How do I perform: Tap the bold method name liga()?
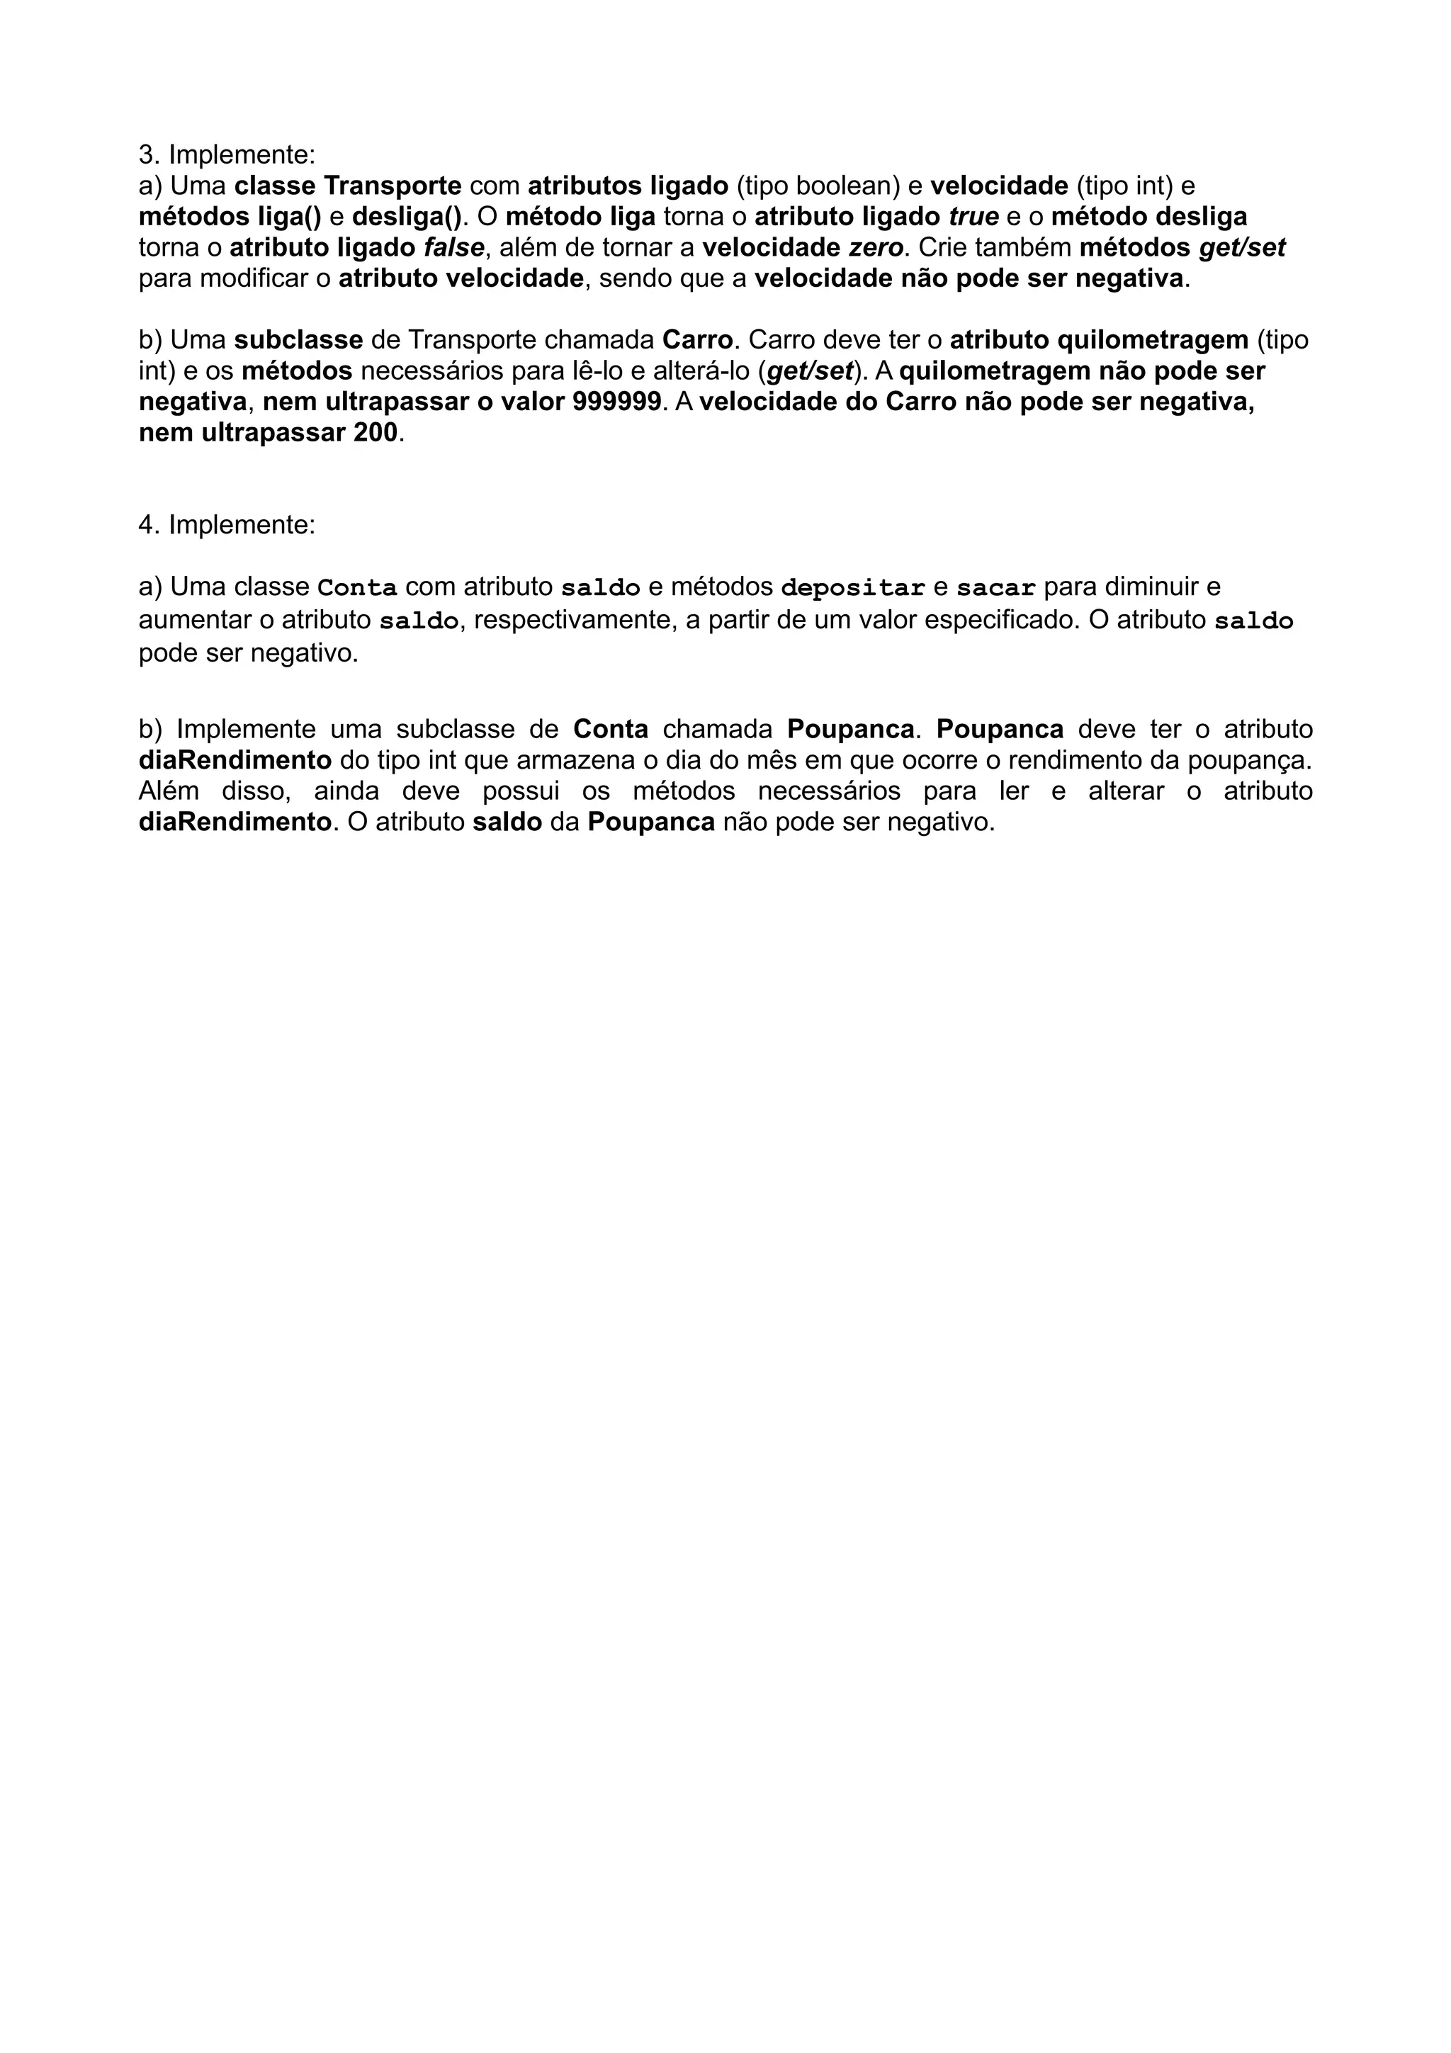pos(286,217)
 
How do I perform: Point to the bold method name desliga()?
pos(407,217)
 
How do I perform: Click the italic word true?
pos(973,217)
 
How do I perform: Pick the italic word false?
pos(453,248)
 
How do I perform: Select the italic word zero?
pos(875,248)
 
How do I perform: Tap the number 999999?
pos(616,402)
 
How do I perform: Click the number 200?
pos(370,434)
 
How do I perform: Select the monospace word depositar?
pos(852,589)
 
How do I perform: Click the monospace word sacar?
pos(996,589)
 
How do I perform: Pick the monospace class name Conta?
pos(358,589)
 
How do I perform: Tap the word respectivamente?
pos(572,621)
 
